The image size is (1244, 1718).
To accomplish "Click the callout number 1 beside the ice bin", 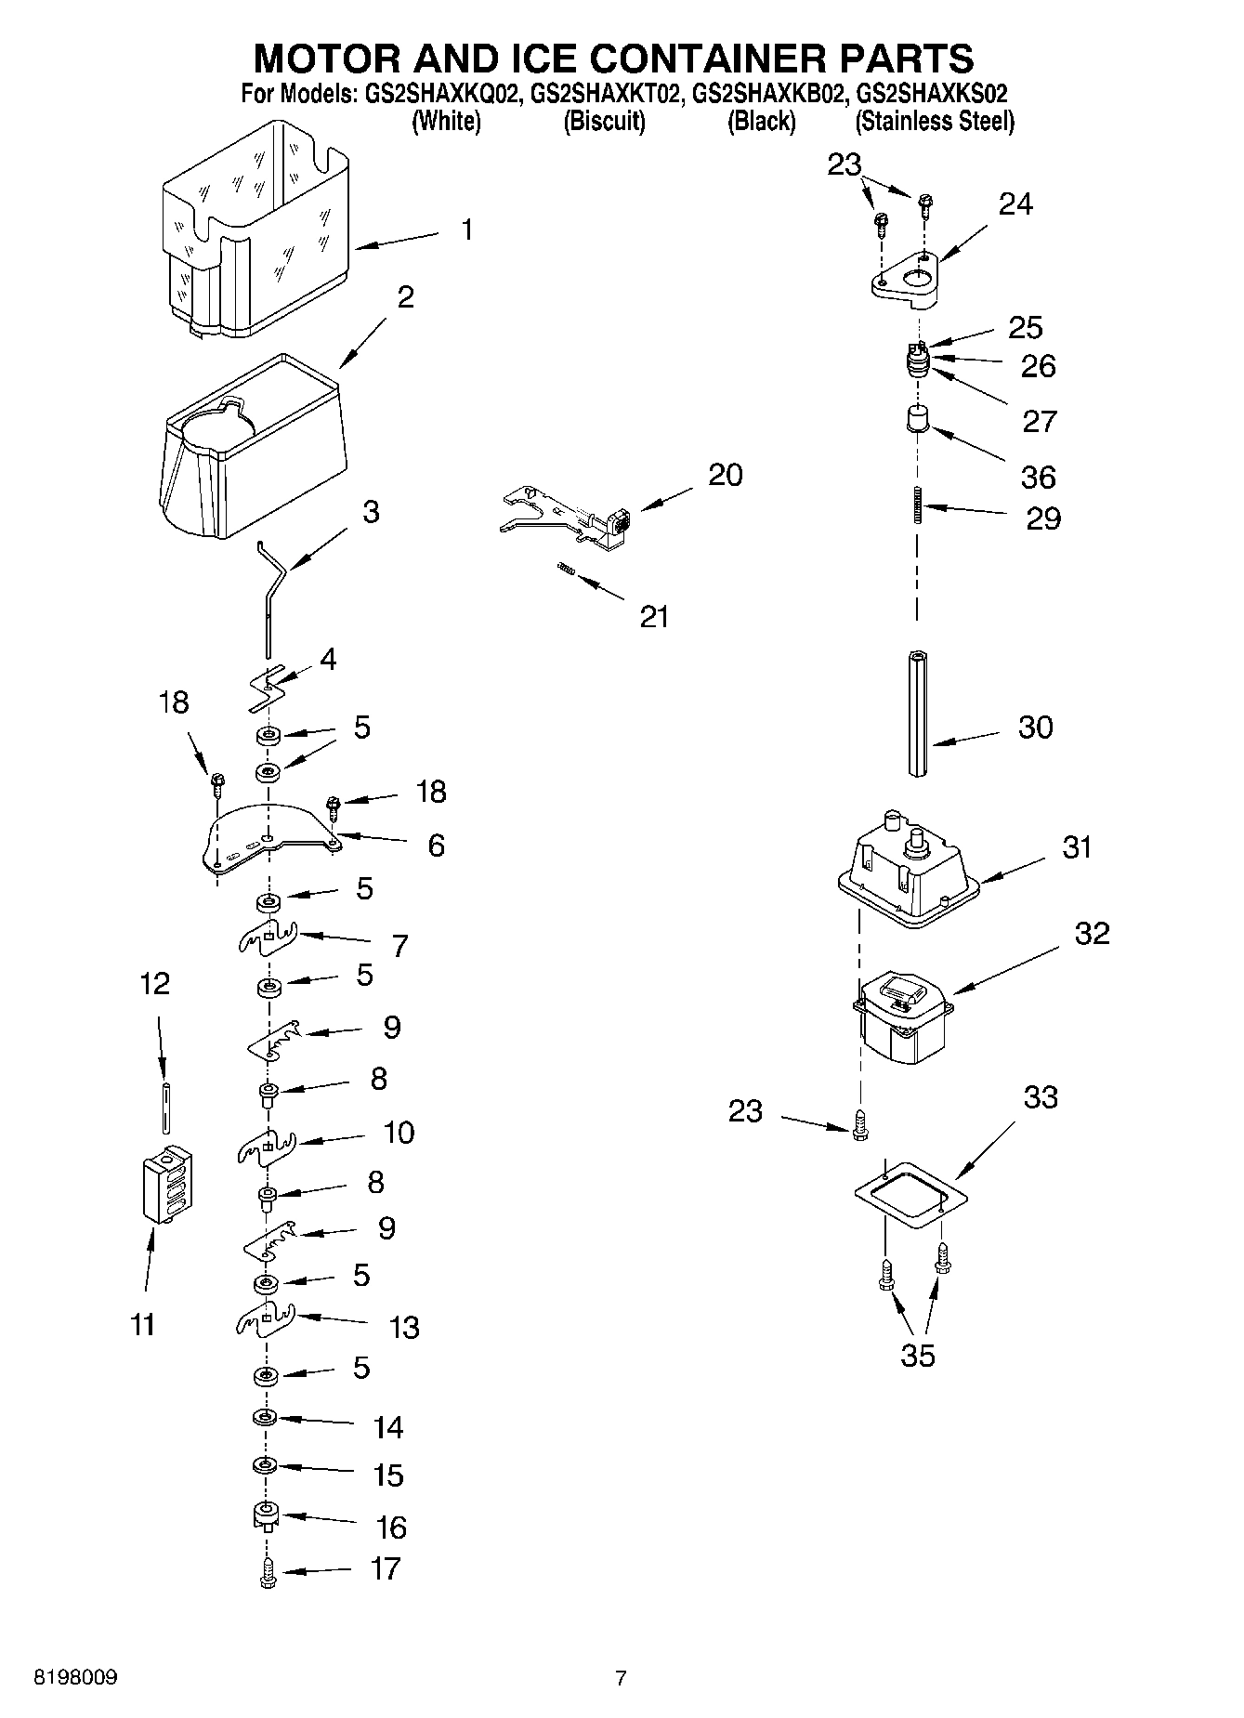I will pos(467,229).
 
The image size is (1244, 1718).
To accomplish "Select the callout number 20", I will pos(725,475).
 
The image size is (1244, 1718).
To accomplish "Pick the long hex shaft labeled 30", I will pos(918,713).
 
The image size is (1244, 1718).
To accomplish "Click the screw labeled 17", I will pos(268,1570).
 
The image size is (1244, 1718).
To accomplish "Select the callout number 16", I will pos(391,1527).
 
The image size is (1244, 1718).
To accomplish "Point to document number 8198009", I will pos(75,1677).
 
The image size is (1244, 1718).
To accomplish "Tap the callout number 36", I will pos(1038,477).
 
